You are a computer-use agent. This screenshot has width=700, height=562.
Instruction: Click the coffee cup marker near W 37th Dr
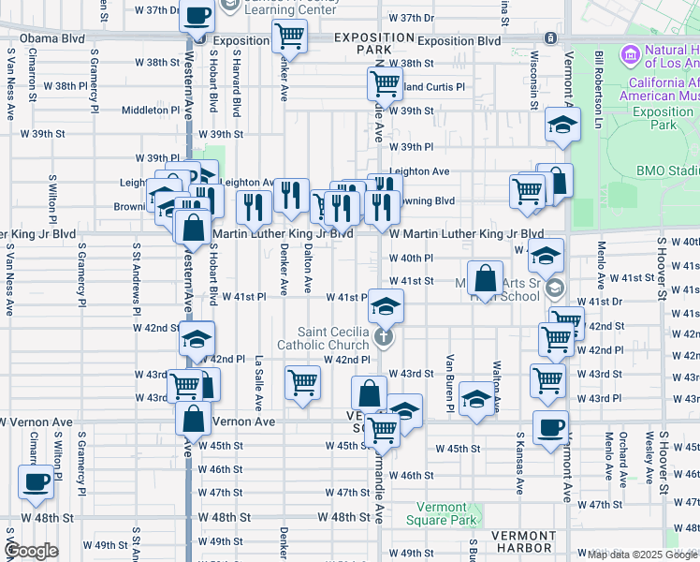pos(197,16)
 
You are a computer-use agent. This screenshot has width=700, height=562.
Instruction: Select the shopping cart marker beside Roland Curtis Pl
pos(384,85)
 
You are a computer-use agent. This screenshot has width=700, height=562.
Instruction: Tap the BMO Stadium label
pos(669,171)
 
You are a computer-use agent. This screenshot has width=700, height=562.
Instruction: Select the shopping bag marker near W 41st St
pos(486,278)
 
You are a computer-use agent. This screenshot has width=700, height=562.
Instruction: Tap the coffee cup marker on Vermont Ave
pos(550,428)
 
